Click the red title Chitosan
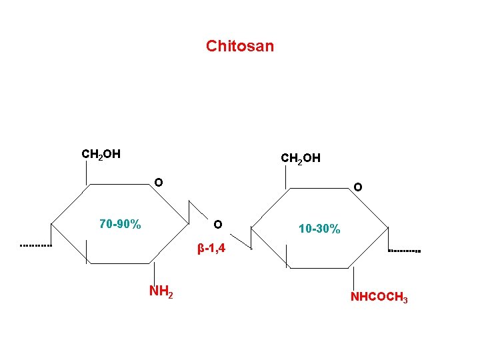pyautogui.click(x=240, y=46)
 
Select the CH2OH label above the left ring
pyautogui.click(x=101, y=155)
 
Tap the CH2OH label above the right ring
pyautogui.click(x=301, y=159)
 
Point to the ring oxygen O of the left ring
pyautogui.click(x=159, y=182)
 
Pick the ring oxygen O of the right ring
pyautogui.click(x=358, y=187)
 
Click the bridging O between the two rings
pyautogui.click(x=218, y=223)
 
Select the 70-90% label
pyautogui.click(x=120, y=224)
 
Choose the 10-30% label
pyautogui.click(x=319, y=229)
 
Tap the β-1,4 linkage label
pyautogui.click(x=211, y=249)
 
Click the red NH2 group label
pyautogui.click(x=161, y=291)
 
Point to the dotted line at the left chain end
pyautogui.click(x=36, y=246)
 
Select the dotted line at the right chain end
pyautogui.click(x=404, y=251)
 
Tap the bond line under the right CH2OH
pyautogui.click(x=286, y=177)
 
